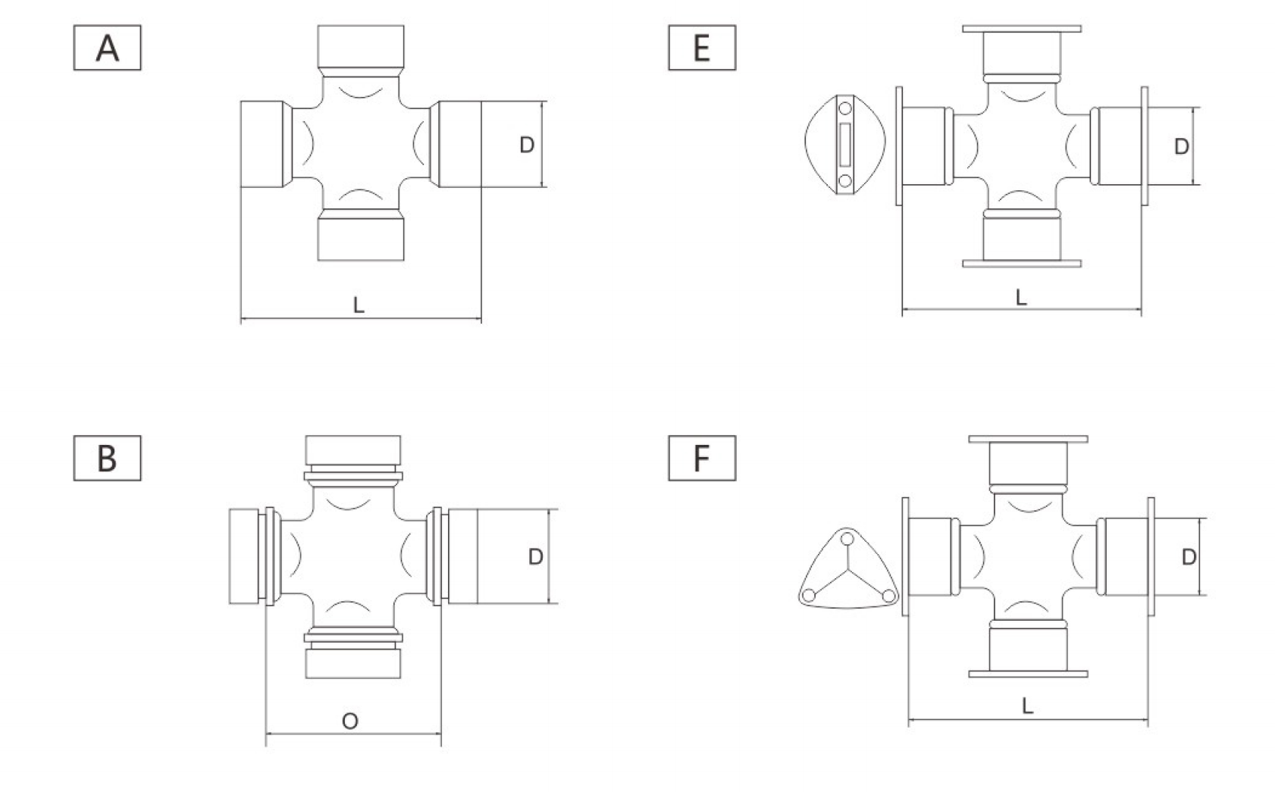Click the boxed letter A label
(x=107, y=48)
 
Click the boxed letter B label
(x=107, y=458)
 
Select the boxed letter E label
(x=702, y=48)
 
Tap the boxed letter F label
(x=702, y=458)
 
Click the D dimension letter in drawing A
(x=527, y=145)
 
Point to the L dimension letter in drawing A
(x=359, y=305)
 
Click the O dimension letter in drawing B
(x=350, y=722)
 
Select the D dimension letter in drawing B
(x=536, y=556)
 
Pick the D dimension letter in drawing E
(x=1182, y=147)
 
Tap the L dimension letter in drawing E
(x=1022, y=297)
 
